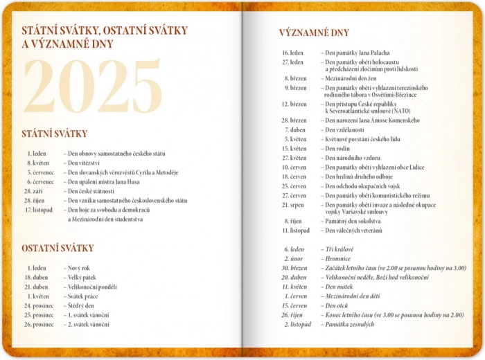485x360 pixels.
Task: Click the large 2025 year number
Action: (x=93, y=87)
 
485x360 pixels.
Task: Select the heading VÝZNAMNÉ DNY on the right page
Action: (x=314, y=33)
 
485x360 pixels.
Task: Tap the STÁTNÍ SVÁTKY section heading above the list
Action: (x=54, y=134)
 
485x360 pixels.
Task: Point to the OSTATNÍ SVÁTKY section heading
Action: (x=58, y=248)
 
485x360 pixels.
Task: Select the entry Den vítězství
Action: (x=83, y=163)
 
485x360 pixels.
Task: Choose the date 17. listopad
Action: (x=39, y=210)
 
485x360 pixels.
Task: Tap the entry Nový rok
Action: (x=78, y=267)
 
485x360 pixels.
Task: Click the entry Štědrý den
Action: (x=81, y=305)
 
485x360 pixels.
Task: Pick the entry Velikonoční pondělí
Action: (x=92, y=286)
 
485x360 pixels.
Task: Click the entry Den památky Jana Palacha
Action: (x=355, y=53)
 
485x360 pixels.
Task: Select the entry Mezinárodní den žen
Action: (x=353, y=78)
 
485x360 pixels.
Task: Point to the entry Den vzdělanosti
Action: (x=344, y=129)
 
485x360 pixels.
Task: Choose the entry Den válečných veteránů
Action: (x=353, y=230)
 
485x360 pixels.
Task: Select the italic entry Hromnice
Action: (x=337, y=258)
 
